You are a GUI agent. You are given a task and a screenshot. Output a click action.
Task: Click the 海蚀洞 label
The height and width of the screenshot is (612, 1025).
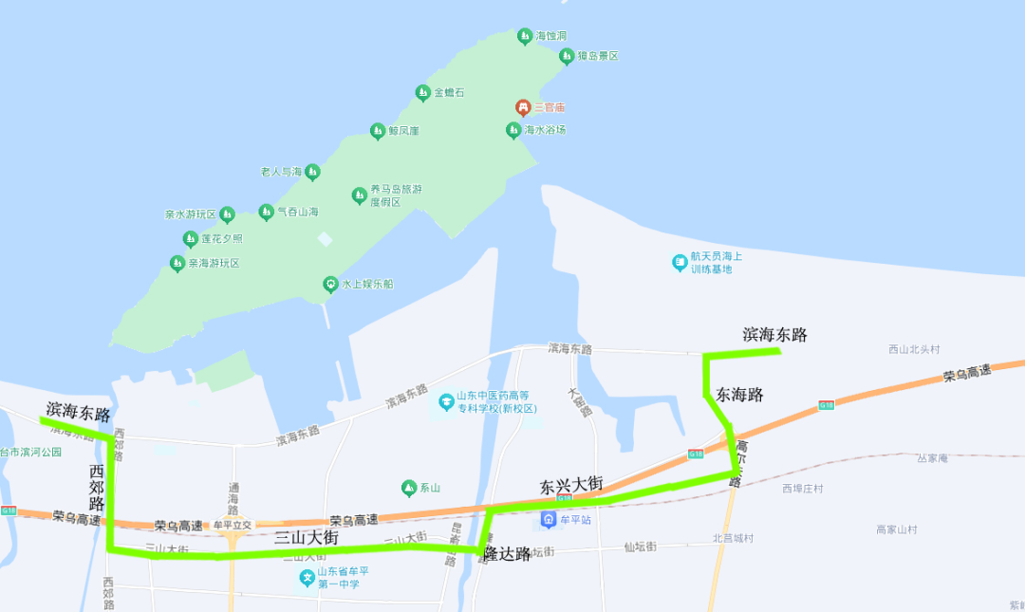[551, 36]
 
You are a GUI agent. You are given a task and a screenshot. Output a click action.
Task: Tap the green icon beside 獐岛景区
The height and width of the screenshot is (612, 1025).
[566, 56]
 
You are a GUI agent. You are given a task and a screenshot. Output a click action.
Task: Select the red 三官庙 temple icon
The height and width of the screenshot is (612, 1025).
[522, 107]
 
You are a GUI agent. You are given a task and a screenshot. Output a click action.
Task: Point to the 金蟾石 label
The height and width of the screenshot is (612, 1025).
[449, 93]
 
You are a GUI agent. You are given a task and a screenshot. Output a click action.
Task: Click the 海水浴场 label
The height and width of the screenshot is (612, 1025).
[545, 129]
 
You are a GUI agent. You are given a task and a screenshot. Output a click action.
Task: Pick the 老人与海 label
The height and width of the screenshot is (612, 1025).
[280, 172]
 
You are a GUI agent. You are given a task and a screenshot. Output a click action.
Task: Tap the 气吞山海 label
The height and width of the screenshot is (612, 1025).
[298, 213]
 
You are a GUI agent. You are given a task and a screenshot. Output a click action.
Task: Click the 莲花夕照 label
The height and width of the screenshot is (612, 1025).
[221, 238]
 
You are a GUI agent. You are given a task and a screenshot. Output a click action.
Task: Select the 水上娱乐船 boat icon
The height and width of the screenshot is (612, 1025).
[329, 284]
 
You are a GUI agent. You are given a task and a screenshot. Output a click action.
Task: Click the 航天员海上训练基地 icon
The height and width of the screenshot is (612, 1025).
[680, 262]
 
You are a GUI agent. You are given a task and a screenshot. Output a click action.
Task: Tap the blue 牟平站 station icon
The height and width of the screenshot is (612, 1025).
[549, 520]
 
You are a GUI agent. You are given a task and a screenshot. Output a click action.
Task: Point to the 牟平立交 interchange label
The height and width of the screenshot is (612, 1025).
[233, 525]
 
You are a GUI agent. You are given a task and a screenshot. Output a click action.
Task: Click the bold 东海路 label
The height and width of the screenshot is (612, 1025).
[740, 394]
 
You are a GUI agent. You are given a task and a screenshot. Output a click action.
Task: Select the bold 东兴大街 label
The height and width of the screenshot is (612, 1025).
[571, 484]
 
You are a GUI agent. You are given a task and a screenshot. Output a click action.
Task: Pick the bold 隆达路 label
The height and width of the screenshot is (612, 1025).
[507, 554]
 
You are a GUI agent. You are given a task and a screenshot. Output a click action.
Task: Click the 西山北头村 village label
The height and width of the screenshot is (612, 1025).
[914, 349]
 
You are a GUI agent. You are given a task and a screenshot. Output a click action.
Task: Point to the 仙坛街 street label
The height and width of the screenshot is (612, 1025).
[641, 547]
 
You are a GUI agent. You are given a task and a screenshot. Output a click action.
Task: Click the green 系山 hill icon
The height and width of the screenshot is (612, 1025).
[409, 489]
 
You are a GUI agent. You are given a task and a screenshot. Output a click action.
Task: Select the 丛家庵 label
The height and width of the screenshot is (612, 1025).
[933, 458]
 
